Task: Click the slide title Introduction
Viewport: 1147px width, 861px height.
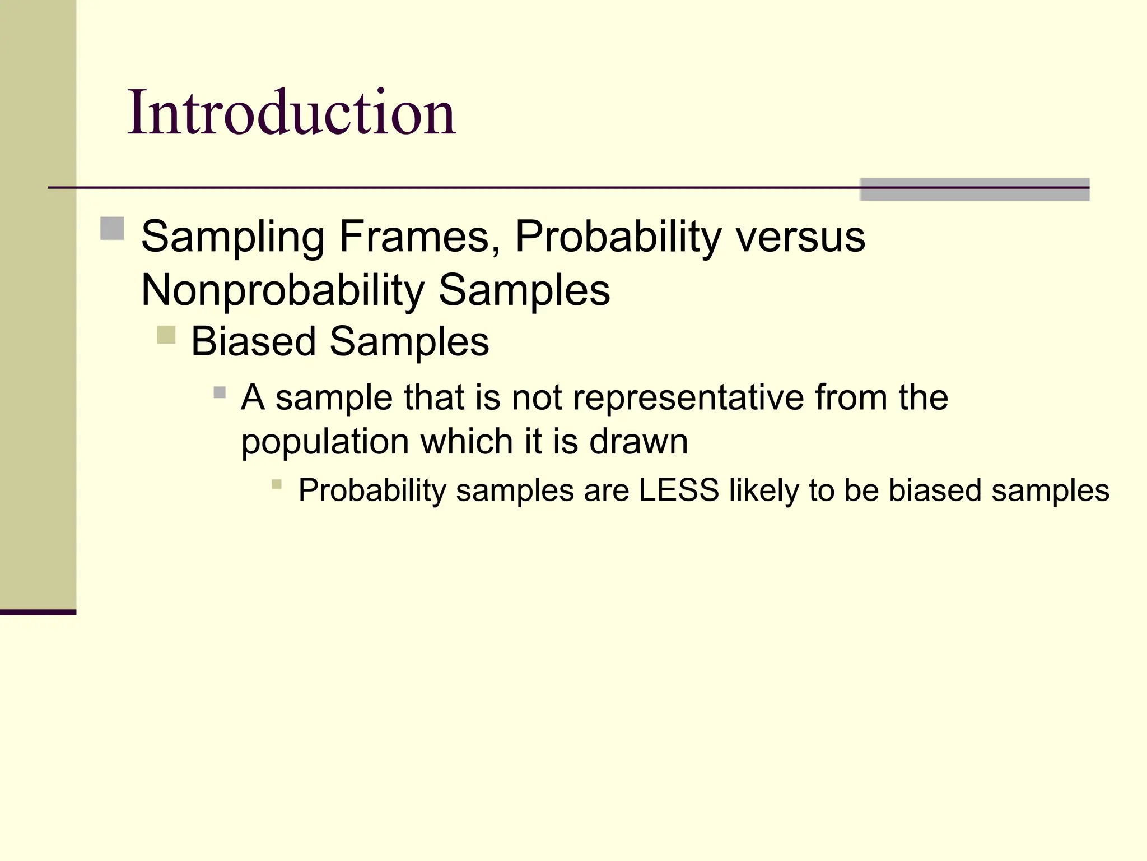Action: (x=291, y=114)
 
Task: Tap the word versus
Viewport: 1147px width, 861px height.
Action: (x=800, y=237)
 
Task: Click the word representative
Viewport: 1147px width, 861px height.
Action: (x=688, y=397)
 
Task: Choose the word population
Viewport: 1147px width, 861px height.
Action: (x=324, y=442)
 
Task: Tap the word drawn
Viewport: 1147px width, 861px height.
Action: (x=638, y=442)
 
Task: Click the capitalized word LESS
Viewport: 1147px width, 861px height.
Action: (x=679, y=490)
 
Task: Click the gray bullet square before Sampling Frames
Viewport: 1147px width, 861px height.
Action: (x=112, y=228)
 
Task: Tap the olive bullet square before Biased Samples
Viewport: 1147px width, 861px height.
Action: (x=166, y=335)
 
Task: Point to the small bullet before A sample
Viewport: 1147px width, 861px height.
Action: (x=220, y=392)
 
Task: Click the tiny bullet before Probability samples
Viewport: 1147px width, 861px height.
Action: (x=277, y=484)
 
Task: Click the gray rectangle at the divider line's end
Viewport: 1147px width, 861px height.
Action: (x=975, y=189)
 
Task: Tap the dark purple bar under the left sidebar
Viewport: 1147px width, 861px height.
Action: (x=38, y=612)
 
